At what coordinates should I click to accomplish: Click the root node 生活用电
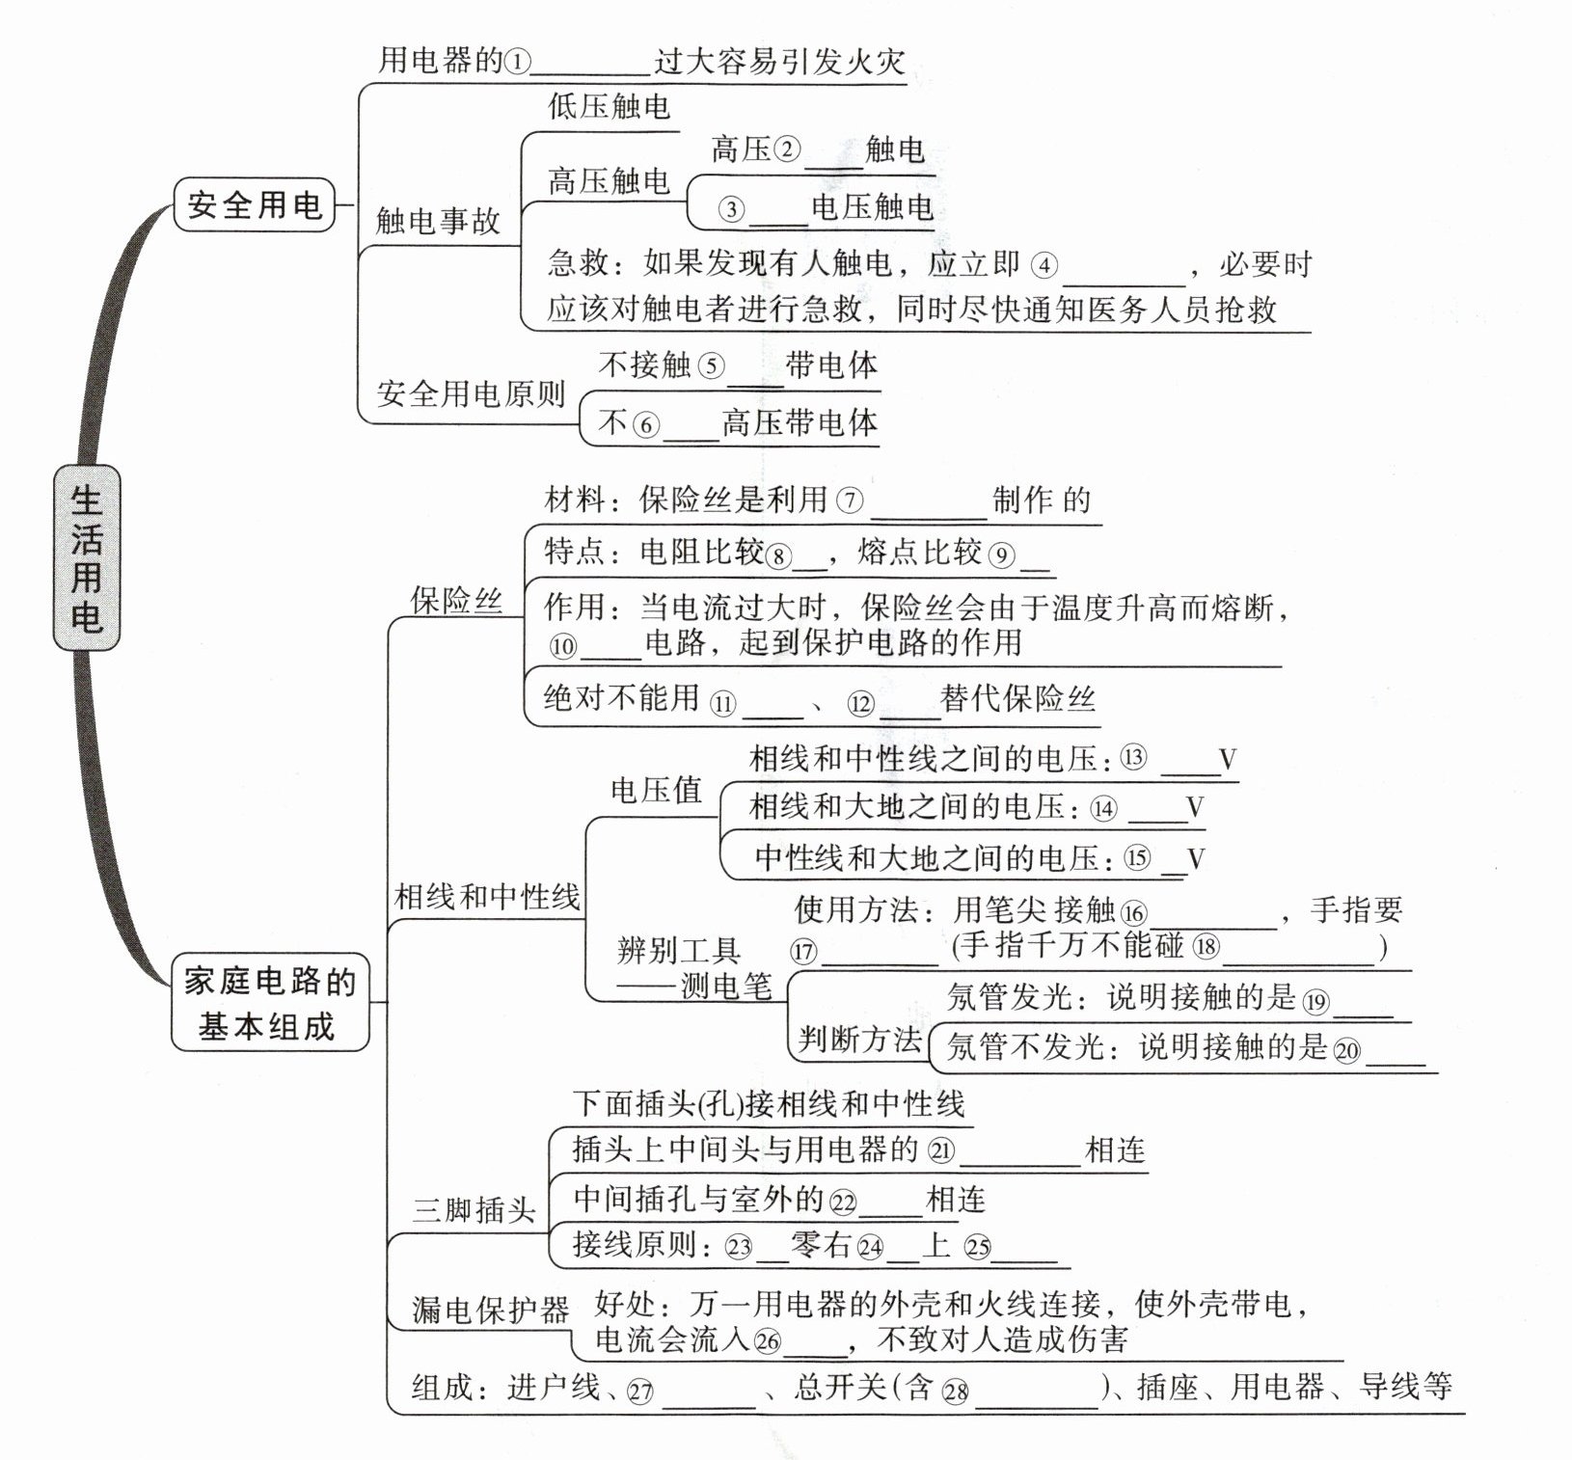(x=86, y=557)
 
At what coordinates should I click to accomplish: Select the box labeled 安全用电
(x=254, y=204)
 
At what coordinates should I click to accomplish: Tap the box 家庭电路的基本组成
(x=269, y=1003)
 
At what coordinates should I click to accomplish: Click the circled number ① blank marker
(x=518, y=63)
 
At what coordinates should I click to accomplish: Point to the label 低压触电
(x=609, y=107)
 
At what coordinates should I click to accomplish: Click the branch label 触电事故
(x=438, y=222)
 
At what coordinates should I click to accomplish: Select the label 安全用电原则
(x=471, y=393)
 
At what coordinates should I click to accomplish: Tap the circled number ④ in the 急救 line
(x=1043, y=265)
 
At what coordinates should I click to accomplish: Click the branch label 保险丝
(x=456, y=600)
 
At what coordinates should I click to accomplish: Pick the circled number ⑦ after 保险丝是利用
(x=850, y=500)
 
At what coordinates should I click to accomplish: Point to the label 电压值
(x=656, y=790)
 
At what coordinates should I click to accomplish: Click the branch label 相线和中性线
(x=487, y=897)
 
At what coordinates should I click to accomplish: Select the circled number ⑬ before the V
(x=1133, y=758)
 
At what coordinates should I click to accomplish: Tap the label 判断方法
(x=859, y=1039)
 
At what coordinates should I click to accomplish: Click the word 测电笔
(x=726, y=986)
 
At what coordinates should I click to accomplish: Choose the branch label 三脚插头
(x=474, y=1209)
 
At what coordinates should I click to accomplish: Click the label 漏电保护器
(x=490, y=1310)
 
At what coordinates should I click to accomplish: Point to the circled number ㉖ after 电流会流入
(x=768, y=1340)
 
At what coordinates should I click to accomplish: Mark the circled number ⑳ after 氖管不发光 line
(x=1347, y=1050)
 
